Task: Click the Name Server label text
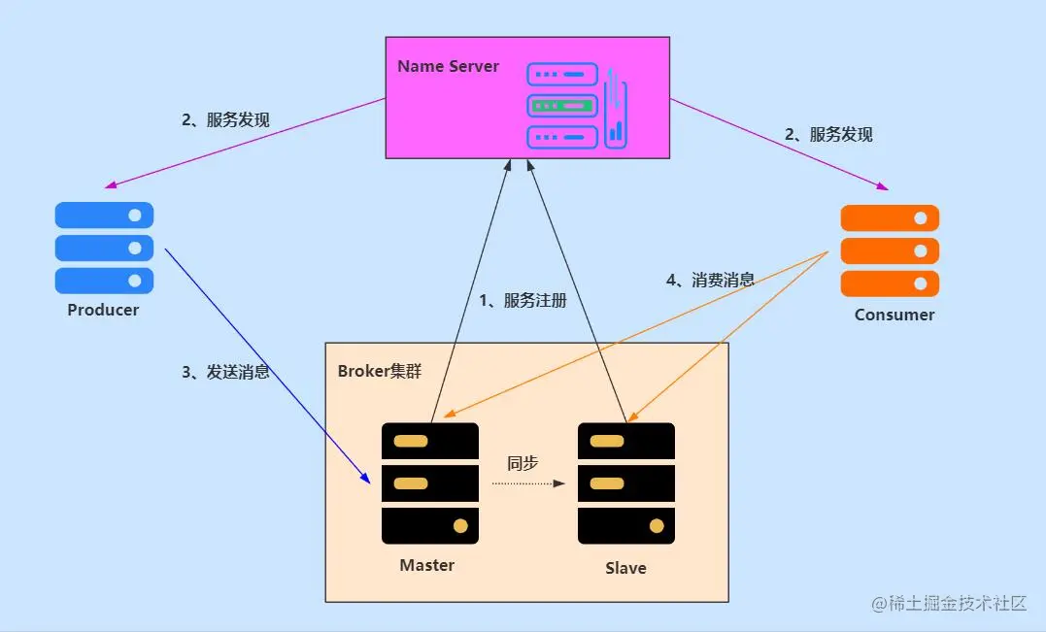(x=448, y=67)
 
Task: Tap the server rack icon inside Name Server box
(x=576, y=106)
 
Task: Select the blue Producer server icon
(x=104, y=248)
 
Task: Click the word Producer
(x=103, y=311)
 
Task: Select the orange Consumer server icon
(x=890, y=250)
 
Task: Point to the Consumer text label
(x=894, y=315)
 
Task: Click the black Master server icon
(x=430, y=482)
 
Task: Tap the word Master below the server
(x=426, y=565)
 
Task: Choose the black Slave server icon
(x=626, y=482)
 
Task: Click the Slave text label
(x=625, y=568)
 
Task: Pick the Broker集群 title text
(x=380, y=371)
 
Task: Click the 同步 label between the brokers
(x=523, y=463)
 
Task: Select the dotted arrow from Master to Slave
(x=527, y=482)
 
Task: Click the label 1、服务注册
(x=523, y=301)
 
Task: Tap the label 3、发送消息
(x=225, y=372)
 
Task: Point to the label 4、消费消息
(x=710, y=280)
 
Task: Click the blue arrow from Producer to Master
(x=267, y=364)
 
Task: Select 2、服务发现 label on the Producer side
(x=225, y=120)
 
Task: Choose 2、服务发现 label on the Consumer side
(x=828, y=135)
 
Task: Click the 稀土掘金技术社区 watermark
(x=949, y=603)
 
